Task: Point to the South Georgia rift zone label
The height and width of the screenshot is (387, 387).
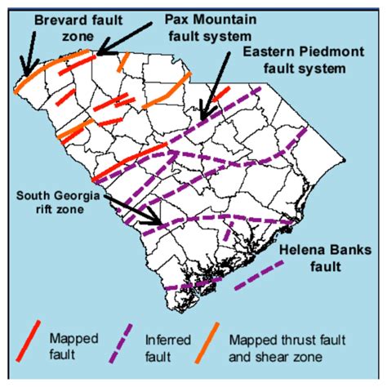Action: pos(60,202)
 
